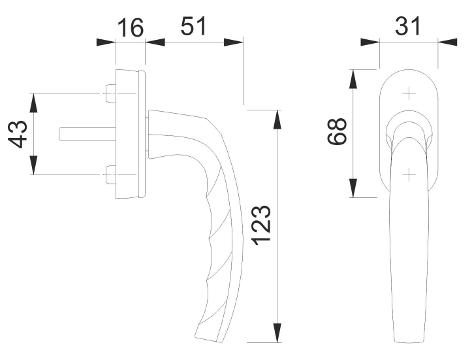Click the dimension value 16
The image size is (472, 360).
pos(131,29)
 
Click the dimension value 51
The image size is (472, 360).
pos(193,27)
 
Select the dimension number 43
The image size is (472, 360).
pos(20,135)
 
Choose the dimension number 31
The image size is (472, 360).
pos(409,27)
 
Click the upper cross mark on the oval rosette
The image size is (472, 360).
pos(409,94)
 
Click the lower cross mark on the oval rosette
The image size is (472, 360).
pos(409,174)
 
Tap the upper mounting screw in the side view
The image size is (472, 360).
pos(110,93)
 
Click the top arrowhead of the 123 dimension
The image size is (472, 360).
pos(277,120)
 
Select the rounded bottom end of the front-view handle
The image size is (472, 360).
pos(409,338)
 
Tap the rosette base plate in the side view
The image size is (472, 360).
pos(129,134)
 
